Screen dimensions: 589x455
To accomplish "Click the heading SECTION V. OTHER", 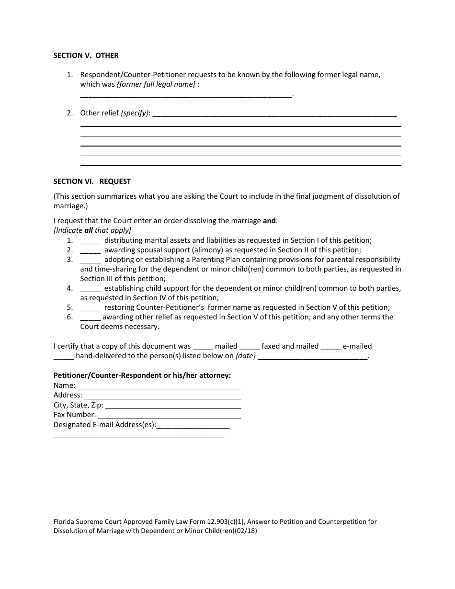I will pyautogui.click(x=86, y=56).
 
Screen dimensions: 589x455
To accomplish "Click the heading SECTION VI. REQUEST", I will pyautogui.click(x=92, y=181).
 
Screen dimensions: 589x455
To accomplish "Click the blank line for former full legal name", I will pyautogui.click(x=186, y=95).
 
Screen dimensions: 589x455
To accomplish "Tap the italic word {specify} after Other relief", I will pyautogui.click(x=136, y=113).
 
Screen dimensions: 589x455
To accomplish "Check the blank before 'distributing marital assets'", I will pyautogui.click(x=90, y=241).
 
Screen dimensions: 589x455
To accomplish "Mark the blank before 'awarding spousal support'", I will pyautogui.click(x=90, y=250).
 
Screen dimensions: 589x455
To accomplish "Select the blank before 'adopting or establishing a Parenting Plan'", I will pyautogui.click(x=90, y=260).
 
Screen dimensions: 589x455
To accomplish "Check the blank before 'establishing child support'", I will pyautogui.click(x=90, y=289).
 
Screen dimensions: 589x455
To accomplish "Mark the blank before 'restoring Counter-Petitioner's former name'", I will pyautogui.click(x=90, y=308).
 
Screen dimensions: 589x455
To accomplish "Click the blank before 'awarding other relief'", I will pyautogui.click(x=90, y=317).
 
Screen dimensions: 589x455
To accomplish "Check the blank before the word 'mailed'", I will pyautogui.click(x=203, y=347).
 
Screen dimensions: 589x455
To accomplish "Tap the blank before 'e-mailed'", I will pyautogui.click(x=330, y=347).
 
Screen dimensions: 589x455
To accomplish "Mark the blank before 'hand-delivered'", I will pyautogui.click(x=64, y=357).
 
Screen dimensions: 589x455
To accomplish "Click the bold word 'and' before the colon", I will pyautogui.click(x=269, y=221).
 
